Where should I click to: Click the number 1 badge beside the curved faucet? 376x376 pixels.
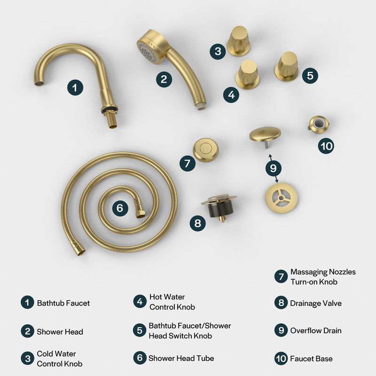75,87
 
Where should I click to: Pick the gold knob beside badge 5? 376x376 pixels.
286,66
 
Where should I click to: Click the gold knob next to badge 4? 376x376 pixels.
248,74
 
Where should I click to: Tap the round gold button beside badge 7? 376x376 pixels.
205,150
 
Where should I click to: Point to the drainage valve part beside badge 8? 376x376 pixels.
219,207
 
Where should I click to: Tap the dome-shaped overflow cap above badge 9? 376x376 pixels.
265,134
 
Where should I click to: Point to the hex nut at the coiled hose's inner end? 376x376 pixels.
140,212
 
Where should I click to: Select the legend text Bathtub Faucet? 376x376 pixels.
63,303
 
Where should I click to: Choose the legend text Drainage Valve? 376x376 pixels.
316,303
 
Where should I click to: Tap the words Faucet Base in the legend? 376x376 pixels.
311,359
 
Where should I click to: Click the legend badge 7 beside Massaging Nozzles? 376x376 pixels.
281,277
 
